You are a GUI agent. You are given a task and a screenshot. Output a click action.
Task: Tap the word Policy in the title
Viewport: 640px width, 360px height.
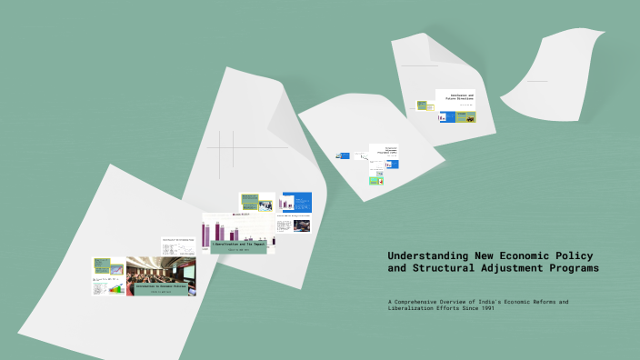[x=575, y=256]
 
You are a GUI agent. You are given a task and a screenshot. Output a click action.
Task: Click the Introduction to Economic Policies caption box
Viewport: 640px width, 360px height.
[x=160, y=286]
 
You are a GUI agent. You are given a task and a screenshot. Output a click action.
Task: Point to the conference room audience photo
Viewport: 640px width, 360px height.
[x=160, y=268]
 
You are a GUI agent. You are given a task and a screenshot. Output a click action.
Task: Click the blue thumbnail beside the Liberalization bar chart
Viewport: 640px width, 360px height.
[x=295, y=201]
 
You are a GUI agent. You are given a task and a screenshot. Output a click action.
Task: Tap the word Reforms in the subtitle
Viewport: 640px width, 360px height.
[x=544, y=301]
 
